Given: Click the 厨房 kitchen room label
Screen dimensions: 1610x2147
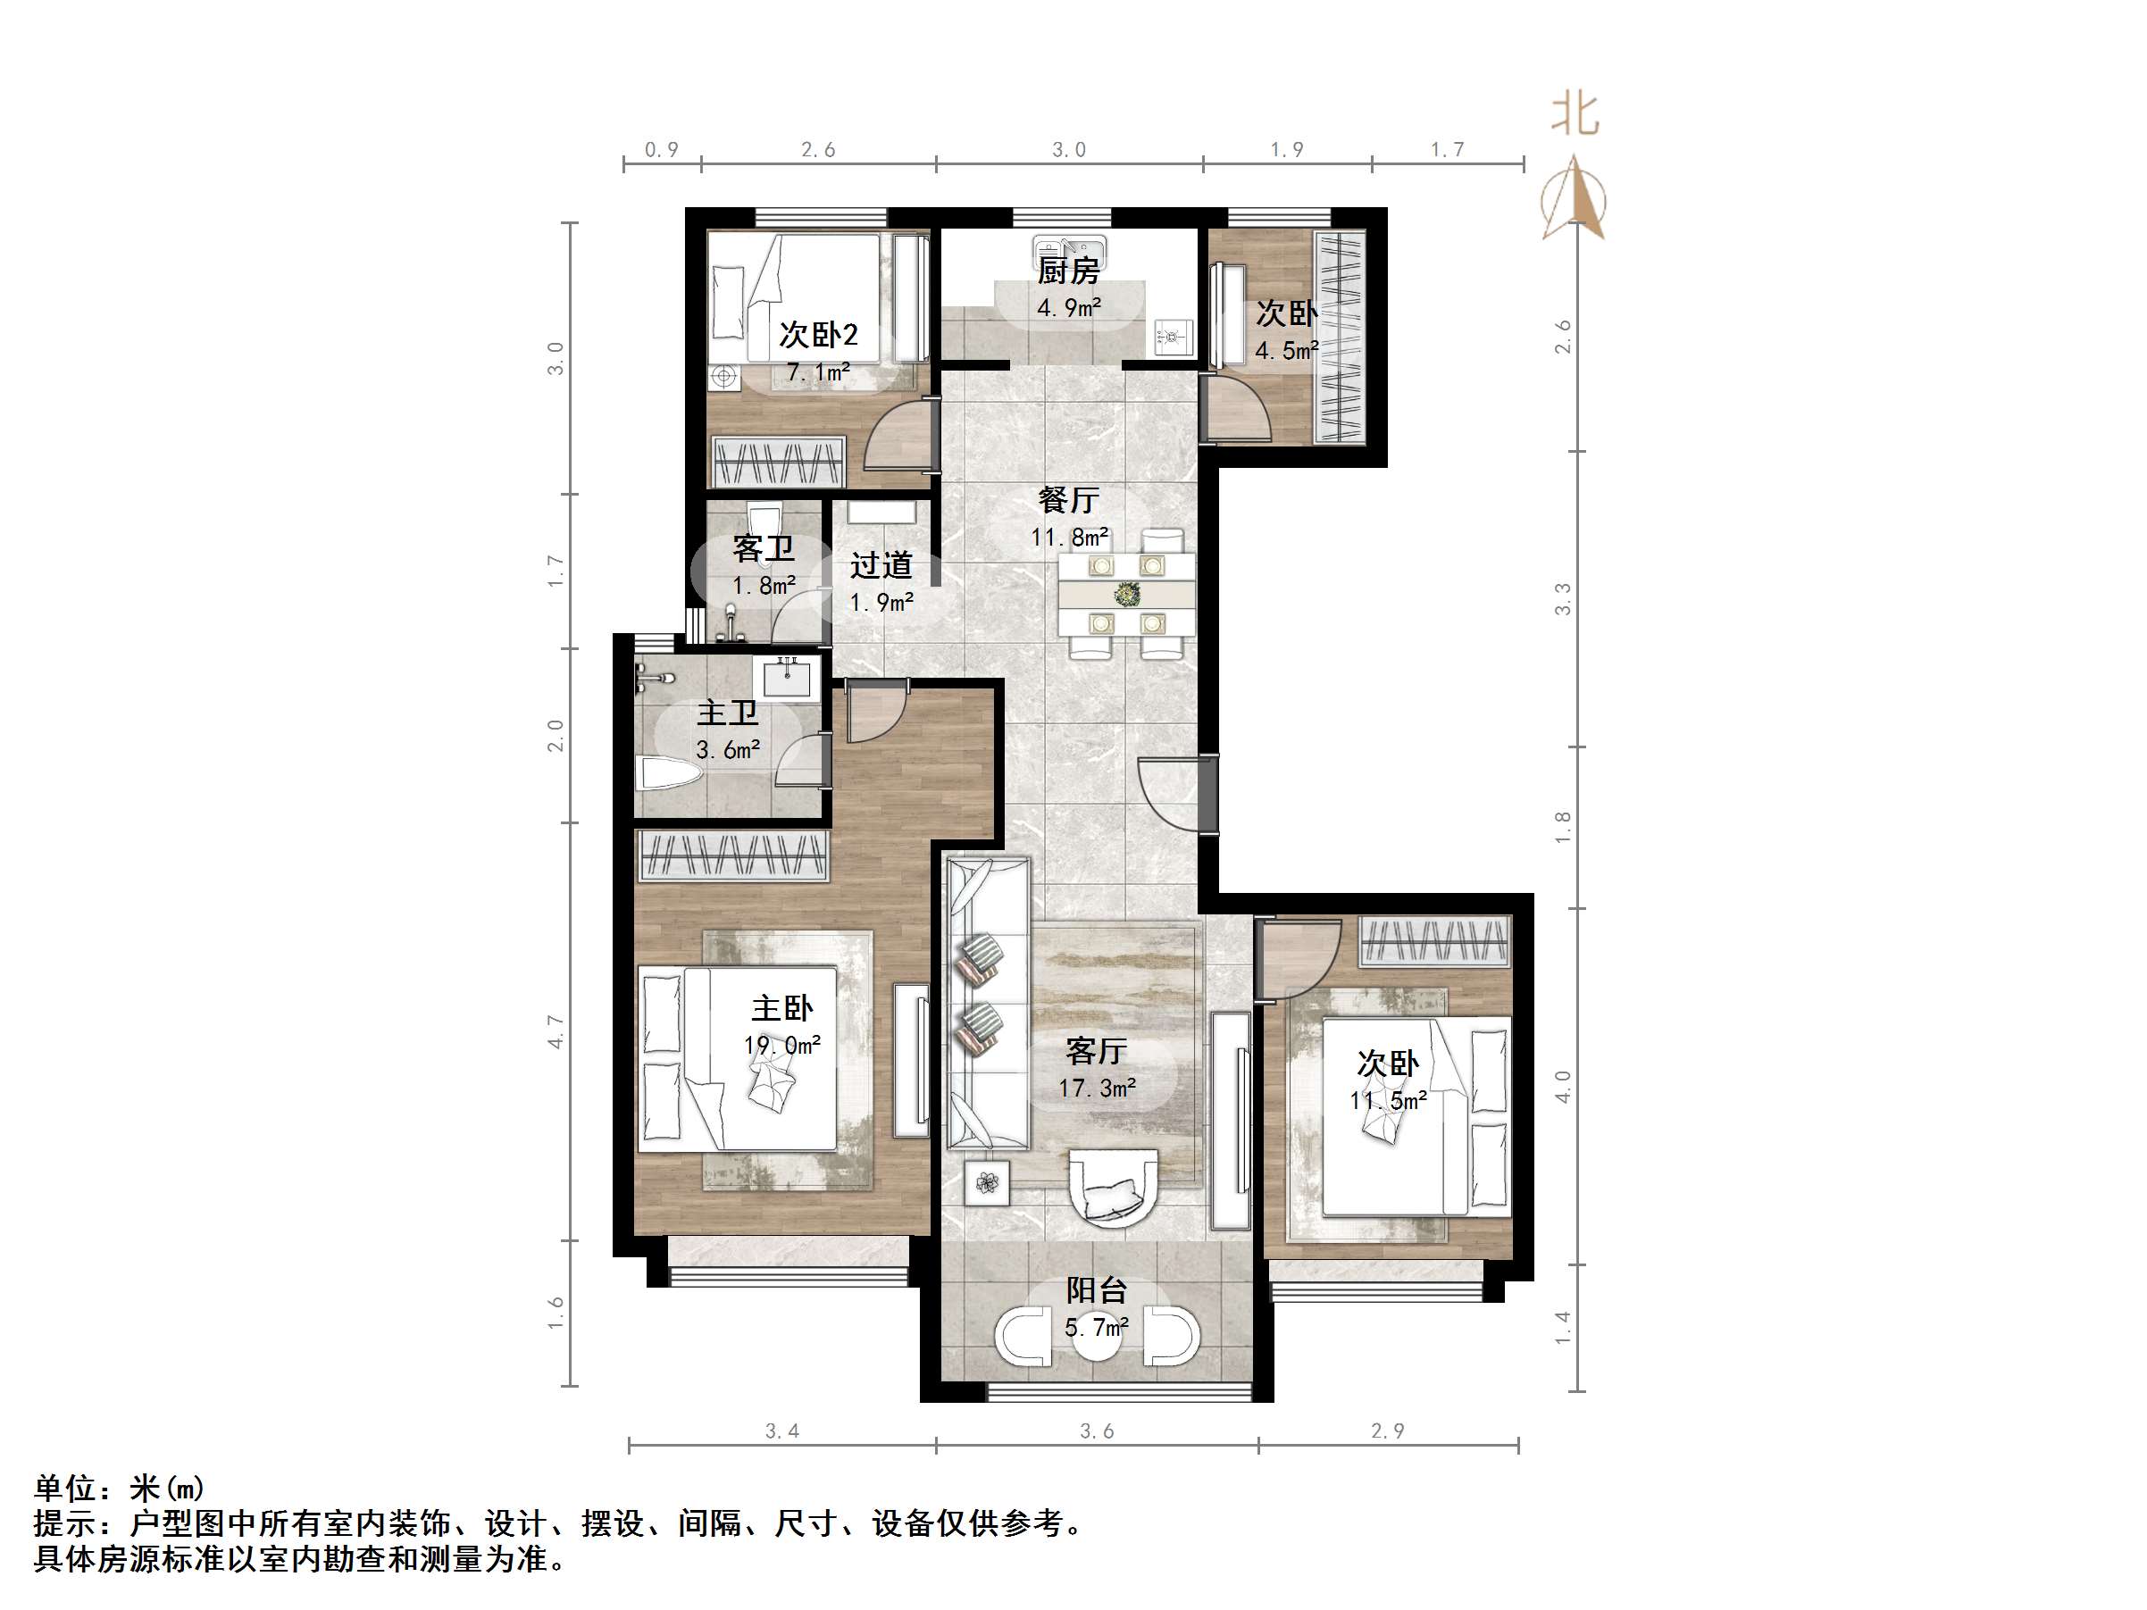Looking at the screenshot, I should [x=1067, y=271].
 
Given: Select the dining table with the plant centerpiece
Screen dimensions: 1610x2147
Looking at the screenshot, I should [x=1126, y=594].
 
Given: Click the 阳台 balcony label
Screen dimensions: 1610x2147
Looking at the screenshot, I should [x=1097, y=1289].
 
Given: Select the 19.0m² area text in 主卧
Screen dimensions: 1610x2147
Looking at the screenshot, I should [x=781, y=1045].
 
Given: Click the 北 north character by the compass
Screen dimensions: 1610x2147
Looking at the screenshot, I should [x=1575, y=114].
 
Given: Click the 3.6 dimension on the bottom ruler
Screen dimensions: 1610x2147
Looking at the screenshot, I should [x=1097, y=1431].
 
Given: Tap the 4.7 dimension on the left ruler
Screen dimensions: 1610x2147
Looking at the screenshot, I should [x=556, y=1031].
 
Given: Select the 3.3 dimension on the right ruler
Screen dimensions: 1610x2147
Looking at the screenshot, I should [x=1562, y=599].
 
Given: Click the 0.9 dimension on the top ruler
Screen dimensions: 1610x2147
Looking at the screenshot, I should [x=662, y=149].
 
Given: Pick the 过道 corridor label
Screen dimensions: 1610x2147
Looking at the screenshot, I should [x=881, y=566].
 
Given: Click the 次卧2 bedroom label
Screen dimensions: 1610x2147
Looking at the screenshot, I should [x=818, y=335].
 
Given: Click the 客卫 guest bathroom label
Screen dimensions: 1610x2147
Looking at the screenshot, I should [x=764, y=549].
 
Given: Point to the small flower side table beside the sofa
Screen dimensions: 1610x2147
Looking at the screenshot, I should [x=987, y=1182].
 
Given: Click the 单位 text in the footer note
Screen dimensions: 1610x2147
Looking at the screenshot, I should [x=66, y=1488].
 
